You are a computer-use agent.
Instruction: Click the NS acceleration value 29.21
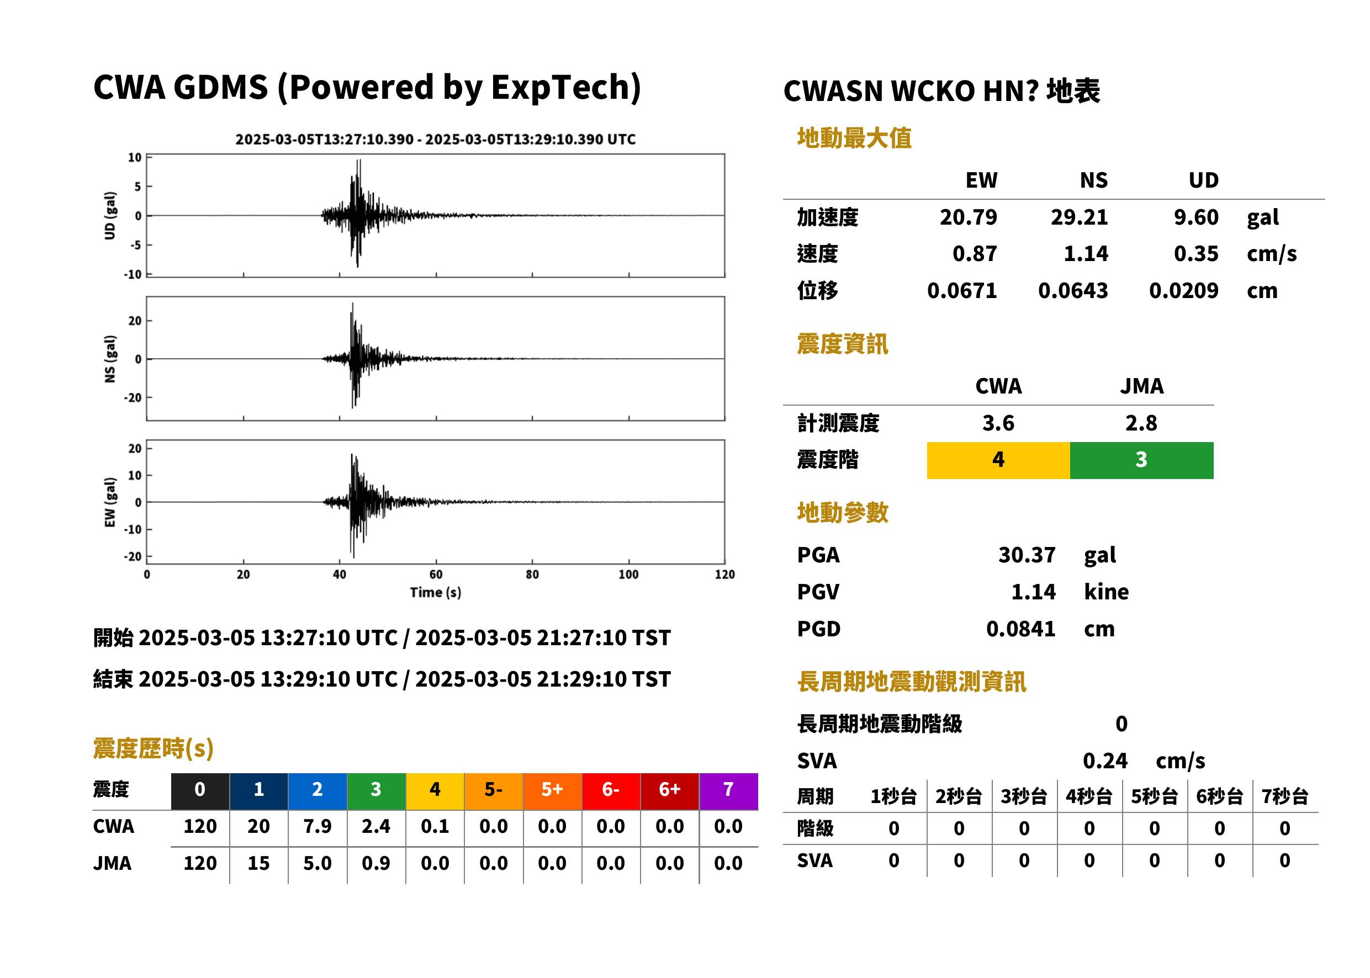(x=1078, y=217)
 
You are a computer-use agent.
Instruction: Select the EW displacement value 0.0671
(x=961, y=290)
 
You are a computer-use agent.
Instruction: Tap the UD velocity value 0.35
(x=1196, y=253)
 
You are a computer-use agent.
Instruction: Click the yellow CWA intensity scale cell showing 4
(x=998, y=460)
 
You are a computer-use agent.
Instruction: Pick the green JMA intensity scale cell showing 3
(x=1142, y=460)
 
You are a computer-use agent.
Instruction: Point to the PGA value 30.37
(x=1027, y=555)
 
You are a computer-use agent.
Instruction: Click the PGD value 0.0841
(x=1020, y=629)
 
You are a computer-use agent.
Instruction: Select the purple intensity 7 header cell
(x=728, y=791)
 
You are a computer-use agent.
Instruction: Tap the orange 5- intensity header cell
(x=494, y=791)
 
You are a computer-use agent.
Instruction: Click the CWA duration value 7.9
(x=318, y=826)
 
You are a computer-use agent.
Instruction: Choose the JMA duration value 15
(x=258, y=863)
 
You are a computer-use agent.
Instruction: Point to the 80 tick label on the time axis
(x=532, y=575)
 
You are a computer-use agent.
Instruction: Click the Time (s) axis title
(x=436, y=593)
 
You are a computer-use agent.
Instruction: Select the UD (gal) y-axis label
(x=110, y=216)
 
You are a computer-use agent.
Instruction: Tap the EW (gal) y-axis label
(x=110, y=502)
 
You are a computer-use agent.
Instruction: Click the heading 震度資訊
(x=842, y=344)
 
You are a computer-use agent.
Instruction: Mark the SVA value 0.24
(x=1105, y=761)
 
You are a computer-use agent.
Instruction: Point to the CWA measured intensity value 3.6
(x=998, y=423)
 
